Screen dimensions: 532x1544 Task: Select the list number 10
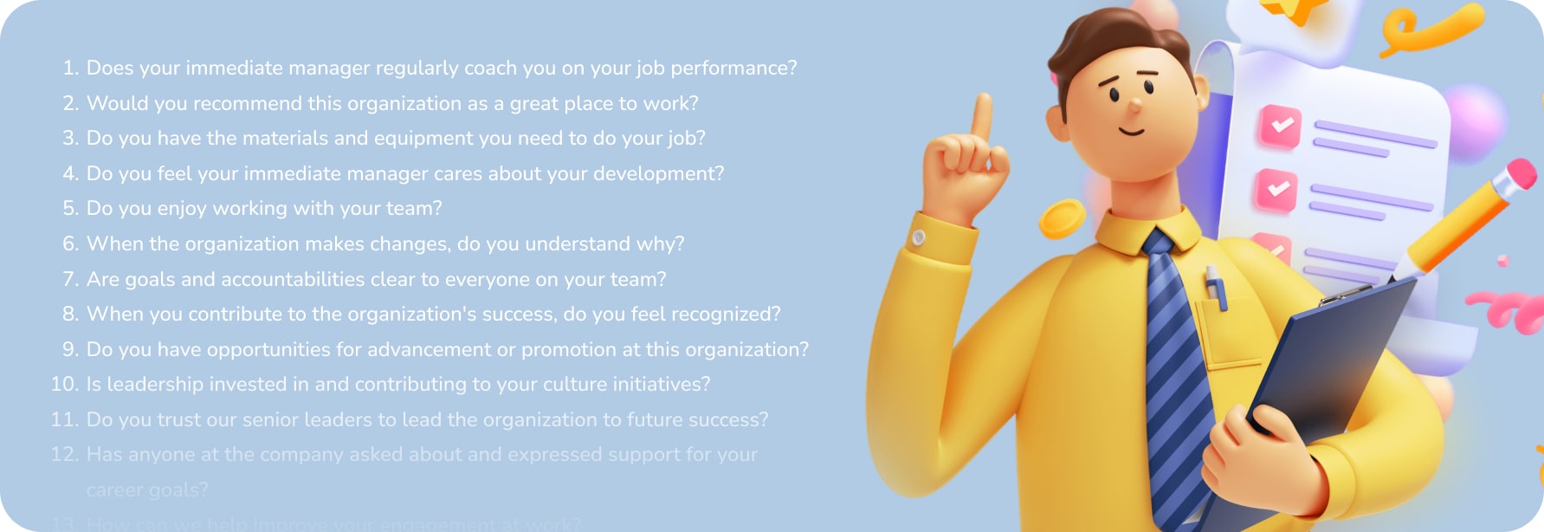coord(65,384)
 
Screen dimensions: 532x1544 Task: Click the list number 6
coord(70,243)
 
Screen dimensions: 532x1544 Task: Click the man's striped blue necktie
coord(1173,364)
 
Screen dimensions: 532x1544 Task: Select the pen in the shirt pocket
coord(1216,289)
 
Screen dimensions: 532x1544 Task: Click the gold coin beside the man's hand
coord(1062,218)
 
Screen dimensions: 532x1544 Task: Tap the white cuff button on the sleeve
coord(919,237)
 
